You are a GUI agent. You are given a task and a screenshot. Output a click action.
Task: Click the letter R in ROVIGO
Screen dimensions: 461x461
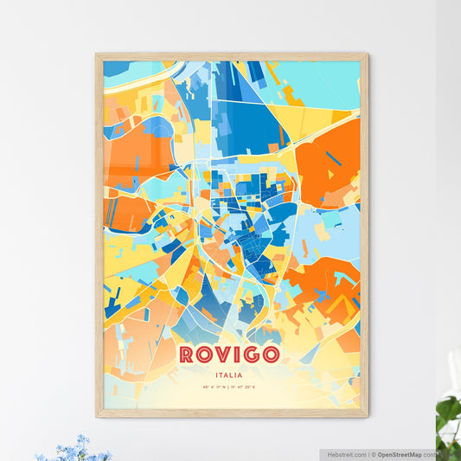187,355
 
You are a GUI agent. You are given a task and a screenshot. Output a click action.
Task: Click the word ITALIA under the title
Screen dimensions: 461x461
230,375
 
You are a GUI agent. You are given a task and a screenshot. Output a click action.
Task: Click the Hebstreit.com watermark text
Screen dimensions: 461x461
347,453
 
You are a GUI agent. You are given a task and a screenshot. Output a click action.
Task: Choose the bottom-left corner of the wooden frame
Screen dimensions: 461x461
98,415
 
